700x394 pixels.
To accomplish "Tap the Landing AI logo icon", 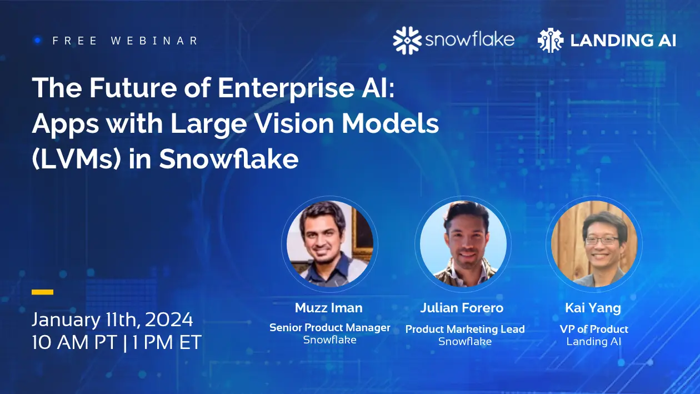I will pos(551,41).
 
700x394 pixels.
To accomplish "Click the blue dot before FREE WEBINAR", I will pos(38,40).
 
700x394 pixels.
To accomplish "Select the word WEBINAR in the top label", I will pos(154,41).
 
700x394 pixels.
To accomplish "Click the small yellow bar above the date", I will pos(43,292).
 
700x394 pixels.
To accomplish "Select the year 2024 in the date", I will pos(166,320).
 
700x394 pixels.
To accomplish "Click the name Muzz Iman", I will pos(329,307).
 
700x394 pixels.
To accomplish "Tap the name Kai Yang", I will pos(593,307).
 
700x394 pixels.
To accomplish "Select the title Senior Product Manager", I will pos(329,327).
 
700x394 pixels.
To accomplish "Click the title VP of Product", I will pos(594,329).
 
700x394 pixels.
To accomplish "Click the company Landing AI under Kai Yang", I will pos(594,342).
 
